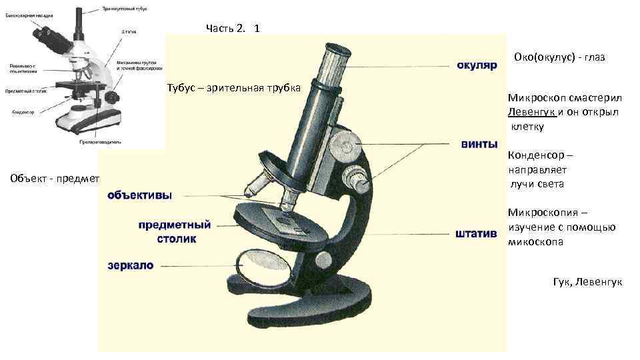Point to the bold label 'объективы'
139,196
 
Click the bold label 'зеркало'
131,265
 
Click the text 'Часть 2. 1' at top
233,28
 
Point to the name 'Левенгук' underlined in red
531,111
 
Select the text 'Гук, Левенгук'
587,282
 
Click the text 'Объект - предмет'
55,179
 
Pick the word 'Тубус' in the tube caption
182,88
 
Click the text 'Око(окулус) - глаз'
559,57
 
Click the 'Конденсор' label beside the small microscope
23,113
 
